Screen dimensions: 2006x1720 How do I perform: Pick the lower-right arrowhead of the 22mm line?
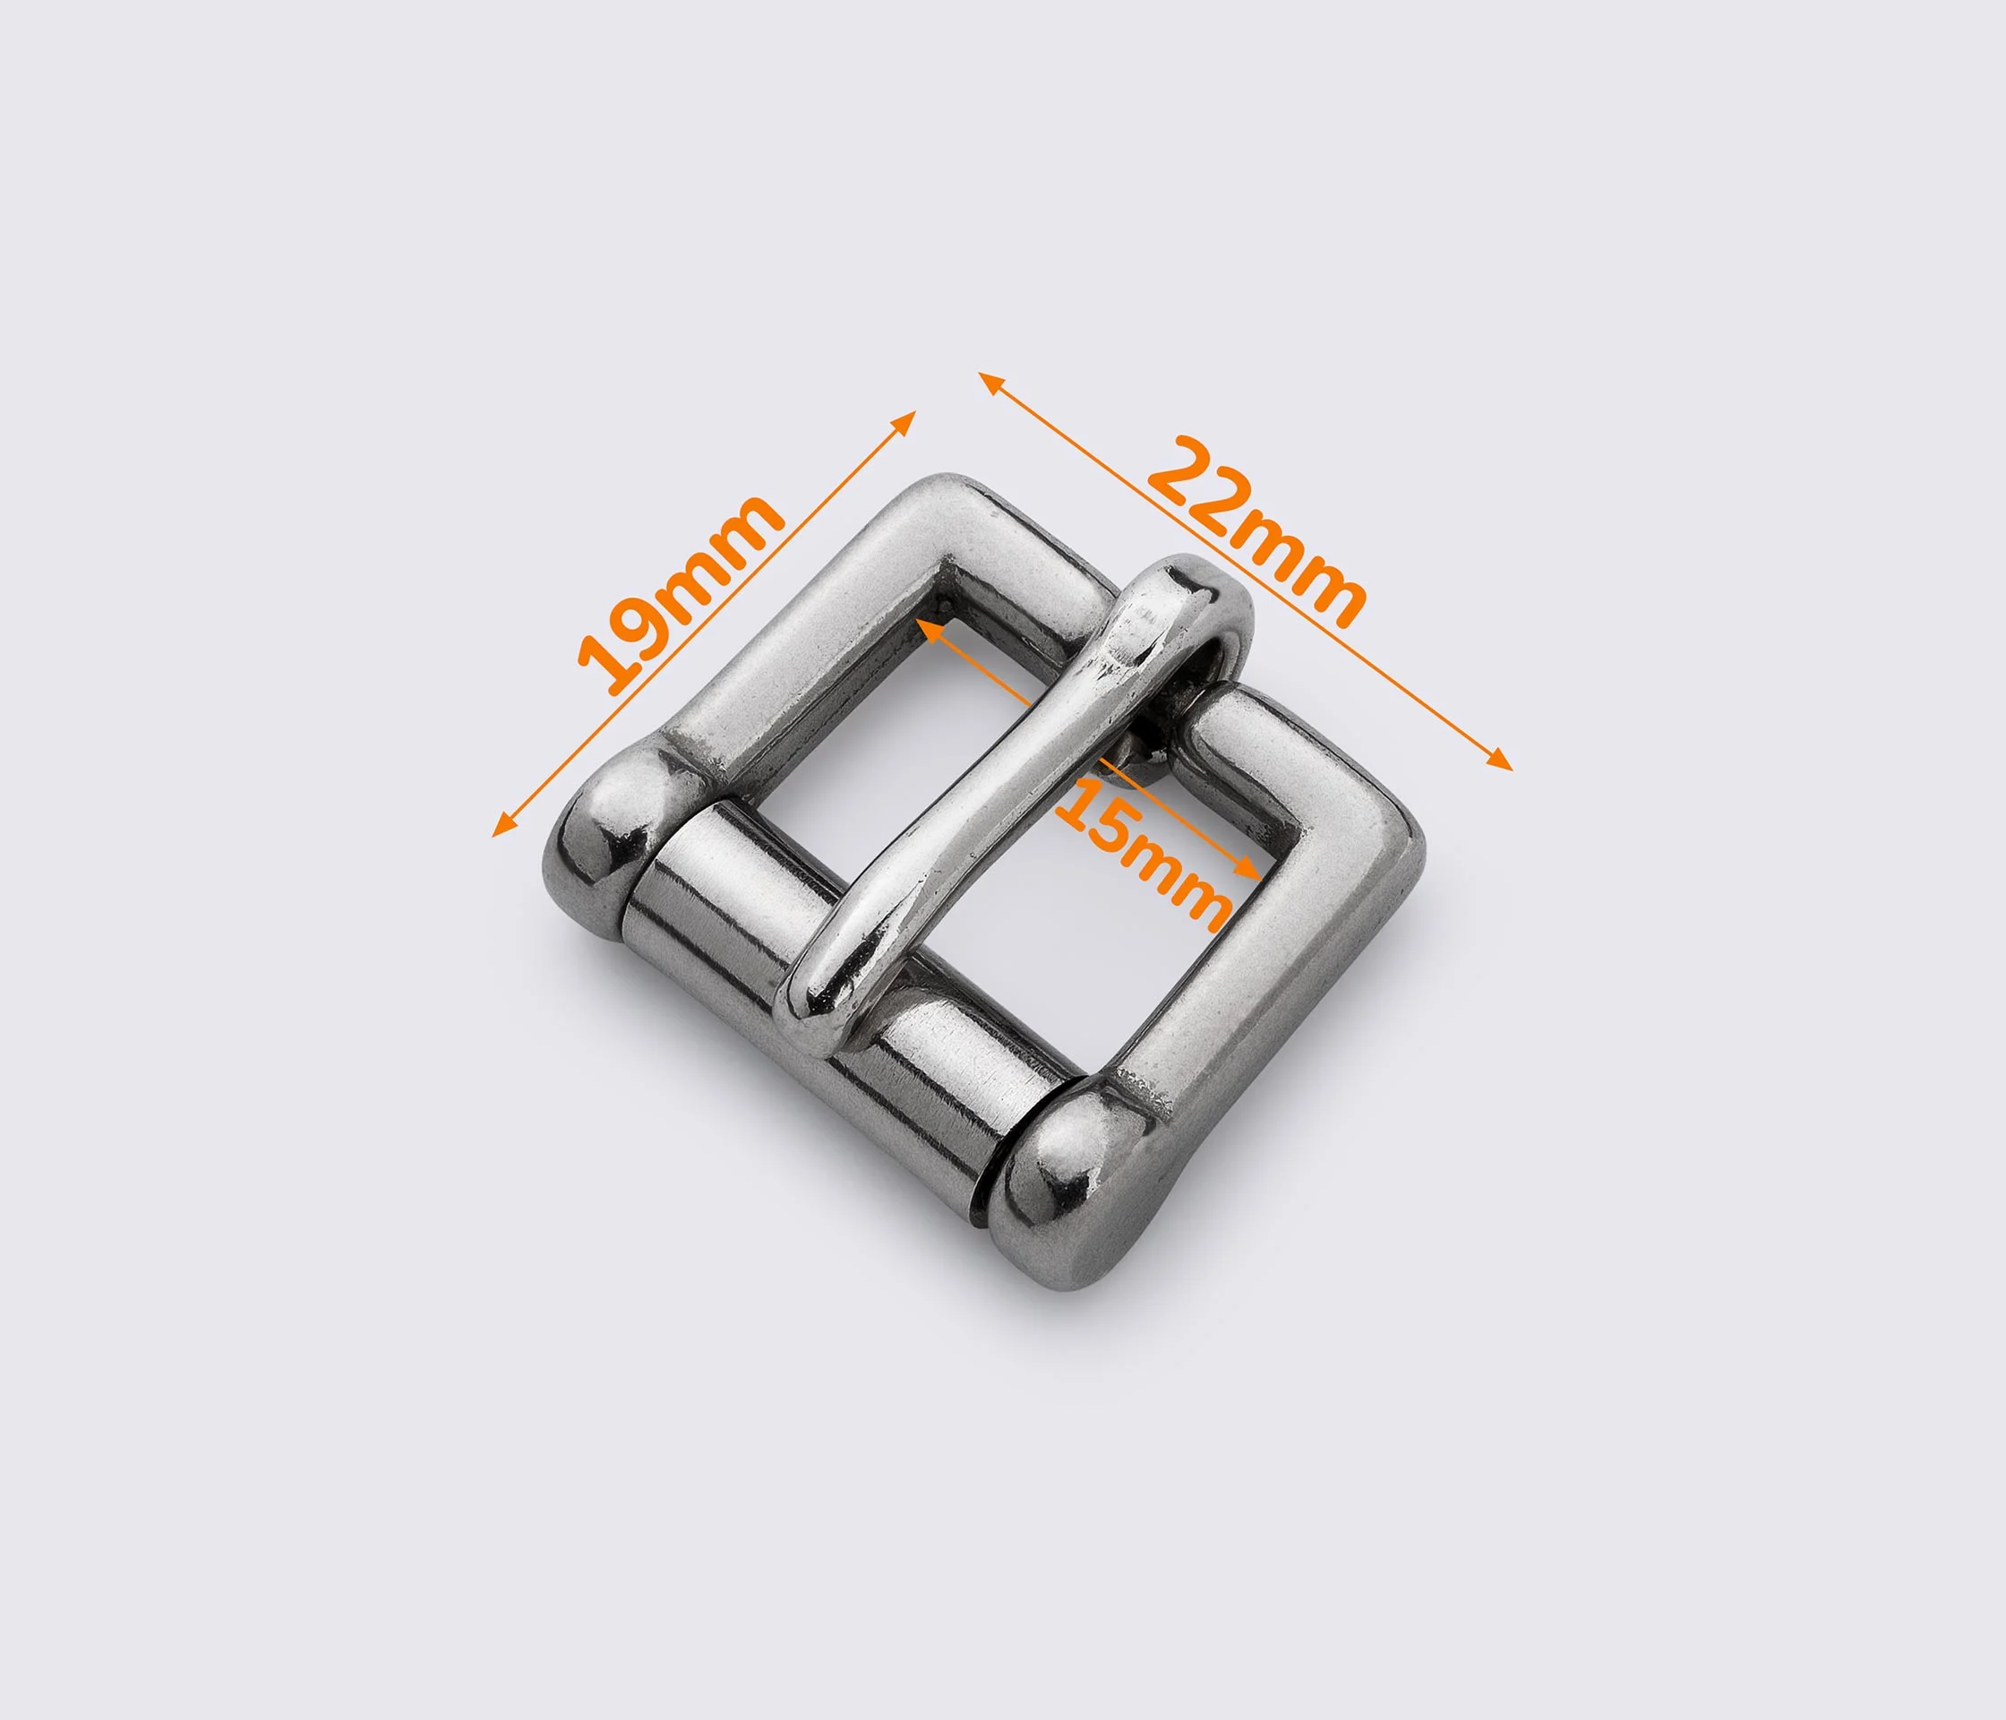pyautogui.click(x=1501, y=761)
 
